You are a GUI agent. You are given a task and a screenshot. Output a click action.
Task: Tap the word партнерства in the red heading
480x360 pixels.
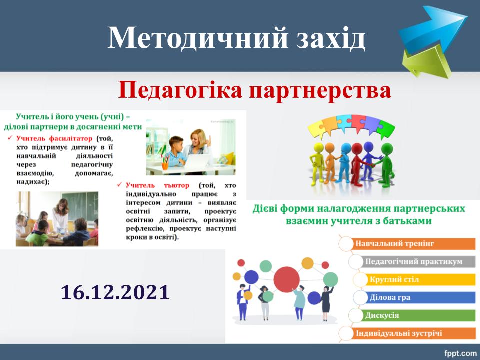click(x=320, y=90)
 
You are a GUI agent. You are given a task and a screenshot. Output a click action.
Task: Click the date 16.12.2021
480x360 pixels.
click(x=115, y=292)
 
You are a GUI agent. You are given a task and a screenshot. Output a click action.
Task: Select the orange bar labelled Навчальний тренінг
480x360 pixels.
click(x=413, y=244)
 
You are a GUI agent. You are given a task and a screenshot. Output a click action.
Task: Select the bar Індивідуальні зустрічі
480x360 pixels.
click(x=413, y=333)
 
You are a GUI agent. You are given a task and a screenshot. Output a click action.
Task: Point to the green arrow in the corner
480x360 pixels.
click(x=427, y=63)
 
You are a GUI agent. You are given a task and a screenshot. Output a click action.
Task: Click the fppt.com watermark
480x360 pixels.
click(x=460, y=353)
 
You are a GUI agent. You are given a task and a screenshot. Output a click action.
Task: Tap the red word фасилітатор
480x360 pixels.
click(x=70, y=138)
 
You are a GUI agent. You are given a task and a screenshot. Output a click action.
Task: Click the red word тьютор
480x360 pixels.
click(x=176, y=185)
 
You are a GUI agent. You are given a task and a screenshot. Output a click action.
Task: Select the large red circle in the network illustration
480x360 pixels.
click(x=286, y=279)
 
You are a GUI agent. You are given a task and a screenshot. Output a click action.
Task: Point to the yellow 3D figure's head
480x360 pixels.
click(x=318, y=148)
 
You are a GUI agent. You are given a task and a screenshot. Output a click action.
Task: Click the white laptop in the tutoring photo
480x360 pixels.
click(x=198, y=161)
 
